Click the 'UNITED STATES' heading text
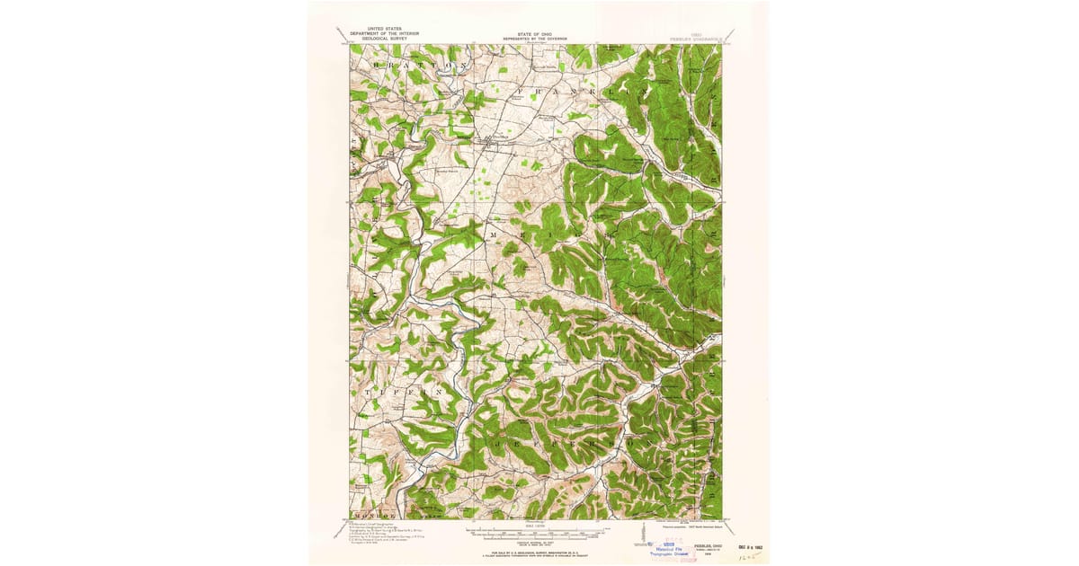[379, 30]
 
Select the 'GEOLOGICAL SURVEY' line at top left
[379, 40]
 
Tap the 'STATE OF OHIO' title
[536, 34]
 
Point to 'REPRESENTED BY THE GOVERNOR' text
[536, 40]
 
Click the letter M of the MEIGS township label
[491, 233]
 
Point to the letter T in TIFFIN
[369, 393]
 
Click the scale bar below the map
[536, 534]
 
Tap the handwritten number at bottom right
[744, 557]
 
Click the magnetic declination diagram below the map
[644, 535]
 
